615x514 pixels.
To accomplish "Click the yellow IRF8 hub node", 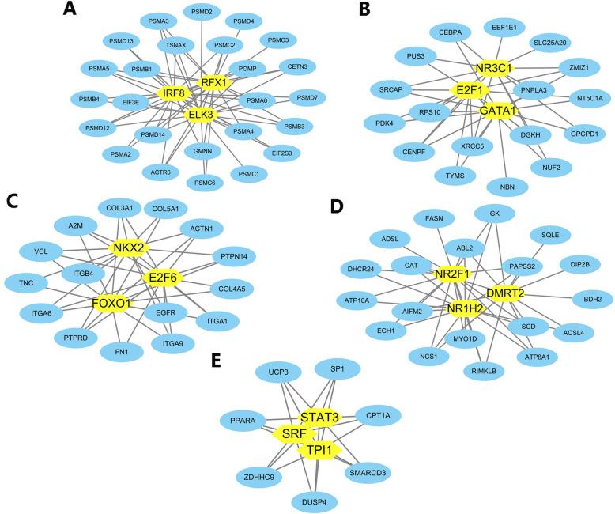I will point(175,93).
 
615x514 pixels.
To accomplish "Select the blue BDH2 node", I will point(587,299).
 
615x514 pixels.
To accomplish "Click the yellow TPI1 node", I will point(323,449).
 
